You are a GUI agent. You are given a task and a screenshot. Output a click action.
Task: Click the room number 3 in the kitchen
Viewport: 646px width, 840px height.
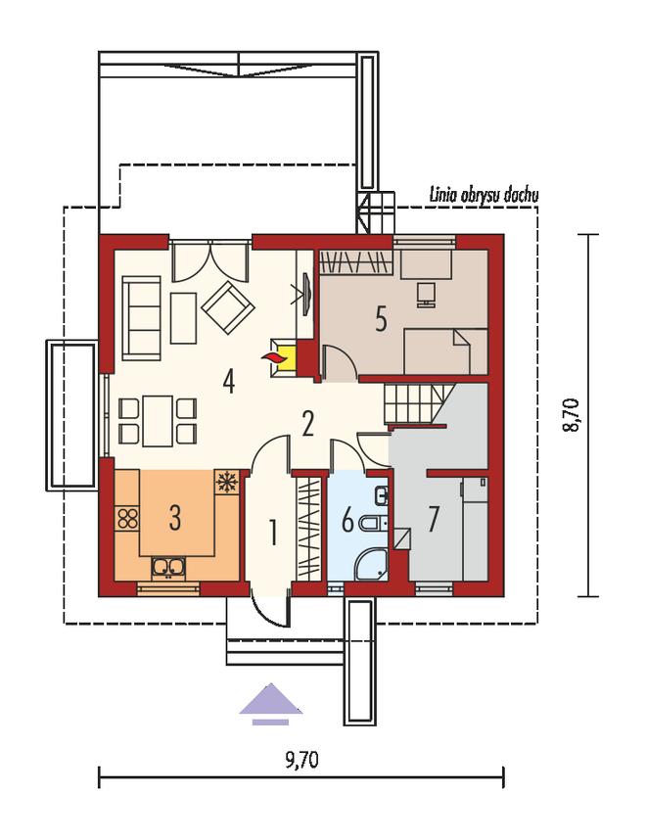click(174, 518)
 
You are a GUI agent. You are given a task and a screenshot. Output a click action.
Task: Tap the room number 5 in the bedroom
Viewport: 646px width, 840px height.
click(381, 319)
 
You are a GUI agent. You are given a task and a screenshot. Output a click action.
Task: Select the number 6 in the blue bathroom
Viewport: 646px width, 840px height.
click(347, 520)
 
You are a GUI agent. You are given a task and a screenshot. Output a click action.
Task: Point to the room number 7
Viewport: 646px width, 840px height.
click(434, 519)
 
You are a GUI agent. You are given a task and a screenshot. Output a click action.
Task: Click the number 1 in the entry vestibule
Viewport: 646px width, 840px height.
click(274, 533)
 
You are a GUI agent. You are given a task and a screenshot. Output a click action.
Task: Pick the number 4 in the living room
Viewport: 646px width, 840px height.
click(229, 382)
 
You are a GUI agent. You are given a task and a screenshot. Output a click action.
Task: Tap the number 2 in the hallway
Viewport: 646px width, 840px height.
click(307, 424)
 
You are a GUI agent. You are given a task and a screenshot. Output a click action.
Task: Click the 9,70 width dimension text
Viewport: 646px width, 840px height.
click(301, 760)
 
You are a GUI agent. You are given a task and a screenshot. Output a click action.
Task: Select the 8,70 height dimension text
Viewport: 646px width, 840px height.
click(572, 415)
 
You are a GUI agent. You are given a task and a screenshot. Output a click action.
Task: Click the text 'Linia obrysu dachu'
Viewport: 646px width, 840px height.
click(484, 195)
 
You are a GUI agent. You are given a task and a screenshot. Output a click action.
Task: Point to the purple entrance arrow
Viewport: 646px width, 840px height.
click(271, 703)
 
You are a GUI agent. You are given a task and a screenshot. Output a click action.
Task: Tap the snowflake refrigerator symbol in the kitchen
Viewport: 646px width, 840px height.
click(226, 482)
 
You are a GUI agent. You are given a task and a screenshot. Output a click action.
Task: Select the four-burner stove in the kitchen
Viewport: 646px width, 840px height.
click(127, 519)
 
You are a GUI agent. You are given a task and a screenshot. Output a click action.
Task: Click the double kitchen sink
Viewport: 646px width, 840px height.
click(168, 569)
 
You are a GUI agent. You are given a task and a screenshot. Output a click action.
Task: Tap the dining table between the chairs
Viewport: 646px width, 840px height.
click(158, 421)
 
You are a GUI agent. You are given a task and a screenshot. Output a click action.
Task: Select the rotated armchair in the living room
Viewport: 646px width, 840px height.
click(228, 307)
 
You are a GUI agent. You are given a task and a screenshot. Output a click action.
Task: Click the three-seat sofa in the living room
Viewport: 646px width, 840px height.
click(141, 318)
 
